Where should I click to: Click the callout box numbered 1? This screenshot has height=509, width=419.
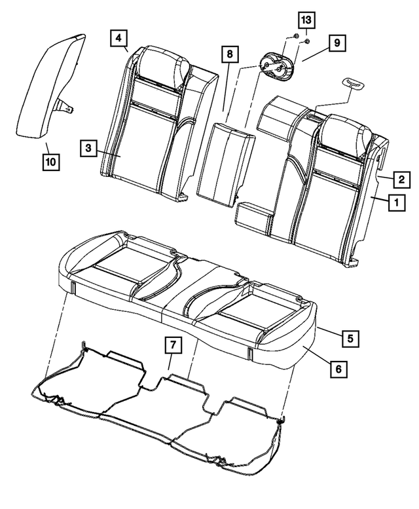396,204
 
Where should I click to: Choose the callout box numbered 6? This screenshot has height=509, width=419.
337,369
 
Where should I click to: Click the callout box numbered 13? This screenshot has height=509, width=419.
306,19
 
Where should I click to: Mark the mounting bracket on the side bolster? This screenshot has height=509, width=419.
65,105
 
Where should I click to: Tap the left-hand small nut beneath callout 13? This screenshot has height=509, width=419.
295,36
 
